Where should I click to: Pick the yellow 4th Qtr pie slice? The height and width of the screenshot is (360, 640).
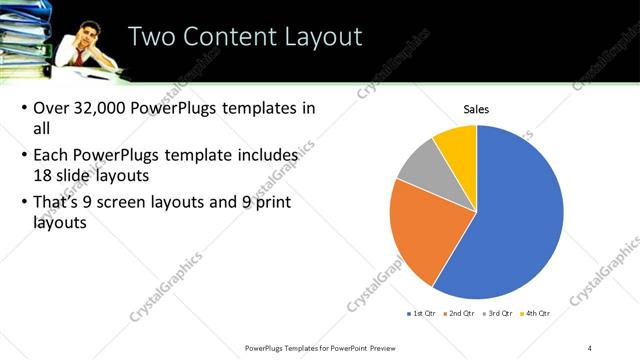[458, 143]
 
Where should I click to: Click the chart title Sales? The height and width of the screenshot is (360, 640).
[475, 109]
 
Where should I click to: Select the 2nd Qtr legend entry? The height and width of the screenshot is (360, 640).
[458, 313]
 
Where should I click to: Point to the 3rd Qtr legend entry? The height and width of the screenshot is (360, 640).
[495, 313]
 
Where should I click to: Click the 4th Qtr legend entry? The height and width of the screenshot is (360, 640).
[532, 313]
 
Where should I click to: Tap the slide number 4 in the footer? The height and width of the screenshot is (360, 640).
[590, 347]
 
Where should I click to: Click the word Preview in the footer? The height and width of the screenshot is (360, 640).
[381, 347]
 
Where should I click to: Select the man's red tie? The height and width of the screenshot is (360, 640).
[78, 57]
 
